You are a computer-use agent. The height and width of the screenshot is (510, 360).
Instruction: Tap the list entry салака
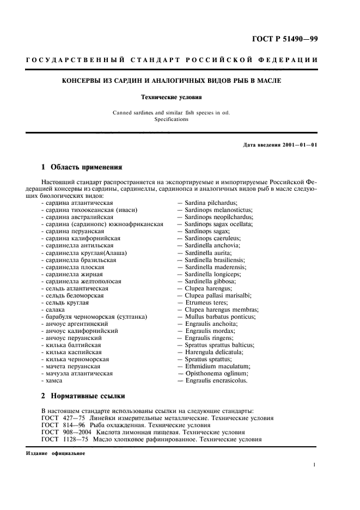[x=56, y=309]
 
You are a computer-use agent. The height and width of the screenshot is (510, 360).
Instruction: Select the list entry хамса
[x=54, y=381]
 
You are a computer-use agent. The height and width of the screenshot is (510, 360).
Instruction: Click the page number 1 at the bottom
[x=315, y=465]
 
